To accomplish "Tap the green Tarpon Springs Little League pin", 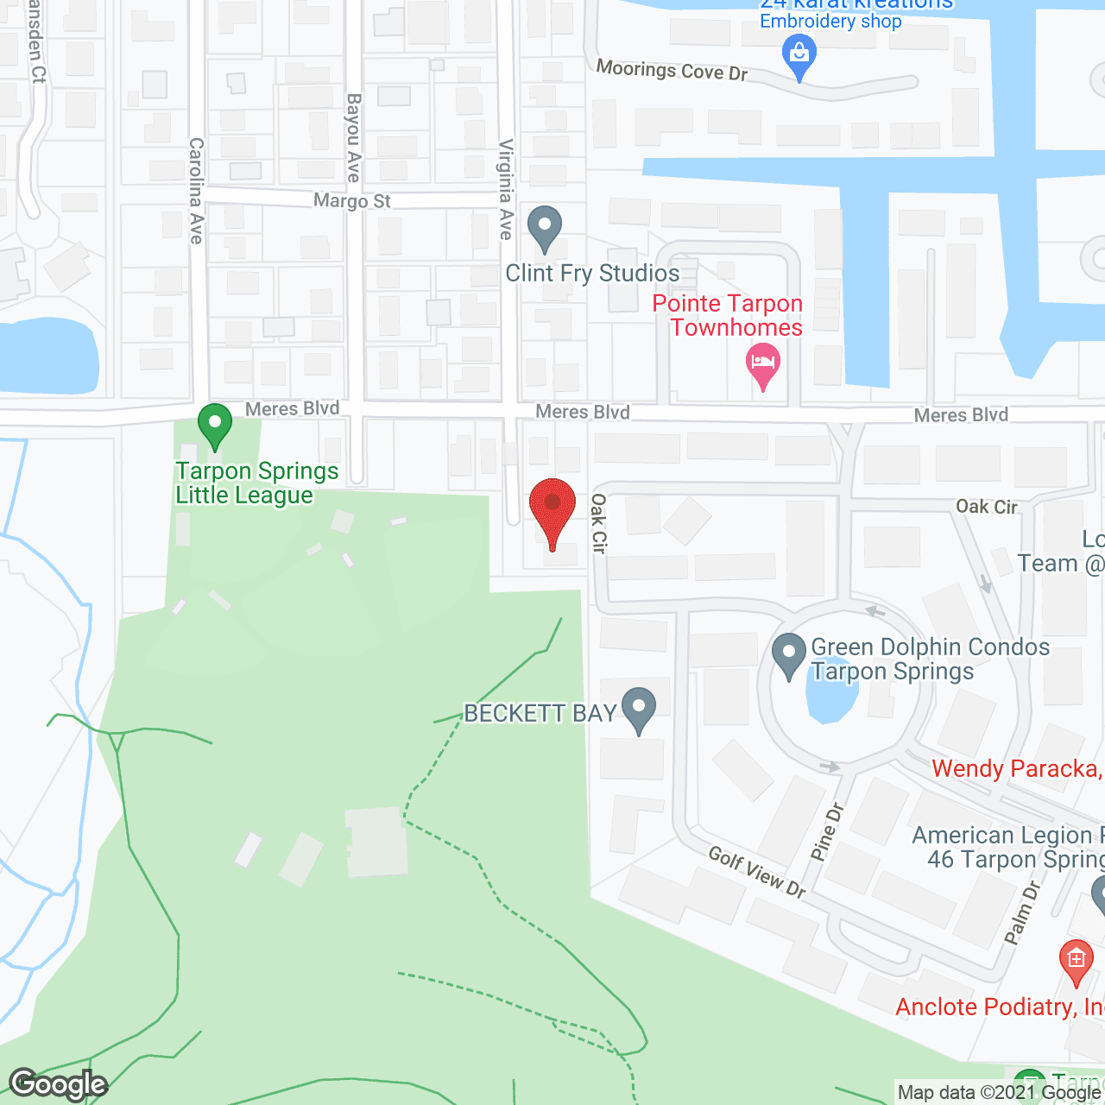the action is tap(215, 425).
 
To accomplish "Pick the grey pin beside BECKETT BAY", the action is tap(639, 709).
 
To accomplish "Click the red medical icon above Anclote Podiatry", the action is tap(1076, 960).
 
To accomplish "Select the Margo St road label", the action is tap(352, 201).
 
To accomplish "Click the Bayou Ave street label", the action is tap(353, 138).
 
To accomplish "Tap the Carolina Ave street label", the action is tap(197, 190).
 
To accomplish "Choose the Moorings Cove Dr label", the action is tap(672, 70).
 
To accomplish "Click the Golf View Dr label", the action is tap(757, 872).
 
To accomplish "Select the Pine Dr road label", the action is tap(826, 832).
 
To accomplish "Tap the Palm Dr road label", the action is tap(1022, 912).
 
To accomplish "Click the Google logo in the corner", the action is tap(59, 1084).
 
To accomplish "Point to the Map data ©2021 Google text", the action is tap(1000, 1093).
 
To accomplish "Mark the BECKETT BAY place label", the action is tap(540, 713).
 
